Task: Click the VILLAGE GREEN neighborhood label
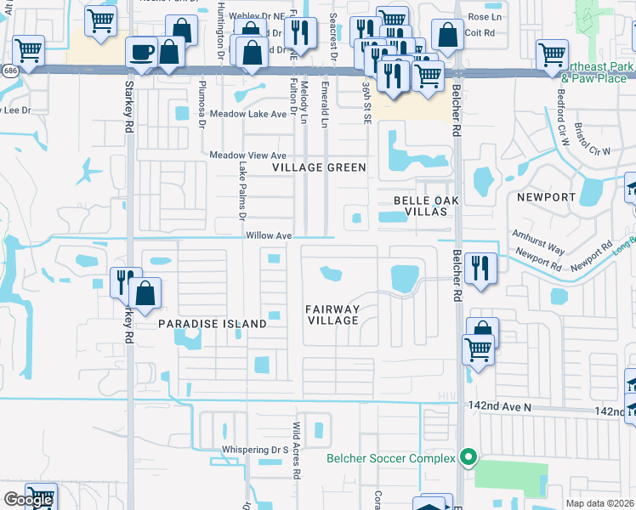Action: point(319,167)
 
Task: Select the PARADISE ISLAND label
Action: point(213,324)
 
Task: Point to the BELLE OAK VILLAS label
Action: point(426,206)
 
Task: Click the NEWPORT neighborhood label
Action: point(546,197)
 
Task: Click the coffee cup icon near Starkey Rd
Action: point(142,53)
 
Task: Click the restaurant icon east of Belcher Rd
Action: point(480,269)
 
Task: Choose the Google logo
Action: point(28,500)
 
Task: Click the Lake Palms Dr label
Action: point(242,189)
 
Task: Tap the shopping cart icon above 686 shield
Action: point(28,50)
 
